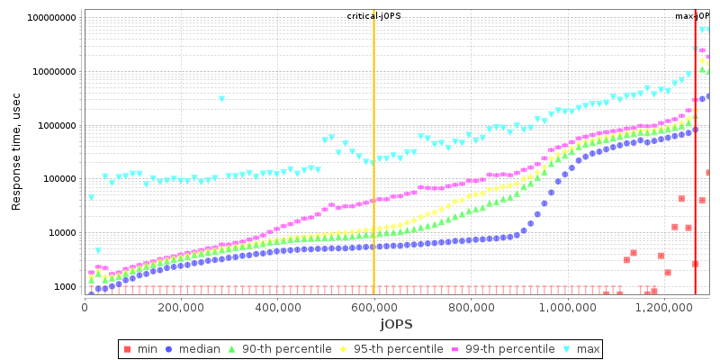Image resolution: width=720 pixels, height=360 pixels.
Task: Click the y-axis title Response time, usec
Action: click(x=16, y=152)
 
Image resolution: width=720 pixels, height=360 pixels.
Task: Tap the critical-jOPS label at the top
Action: click(x=373, y=16)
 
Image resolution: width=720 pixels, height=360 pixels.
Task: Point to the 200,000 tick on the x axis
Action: click(x=181, y=306)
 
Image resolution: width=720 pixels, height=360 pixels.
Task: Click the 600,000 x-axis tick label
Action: click(x=373, y=306)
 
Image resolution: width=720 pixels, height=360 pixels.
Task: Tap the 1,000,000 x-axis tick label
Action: click(x=566, y=306)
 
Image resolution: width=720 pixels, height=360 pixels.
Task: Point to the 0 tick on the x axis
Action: click(x=85, y=306)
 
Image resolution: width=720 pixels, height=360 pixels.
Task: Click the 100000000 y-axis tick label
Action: click(x=52, y=18)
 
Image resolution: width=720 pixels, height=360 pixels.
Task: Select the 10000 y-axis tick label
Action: click(x=63, y=233)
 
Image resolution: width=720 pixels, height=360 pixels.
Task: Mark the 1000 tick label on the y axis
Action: click(x=66, y=287)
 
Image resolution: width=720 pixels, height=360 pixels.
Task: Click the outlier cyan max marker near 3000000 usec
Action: click(x=222, y=98)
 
